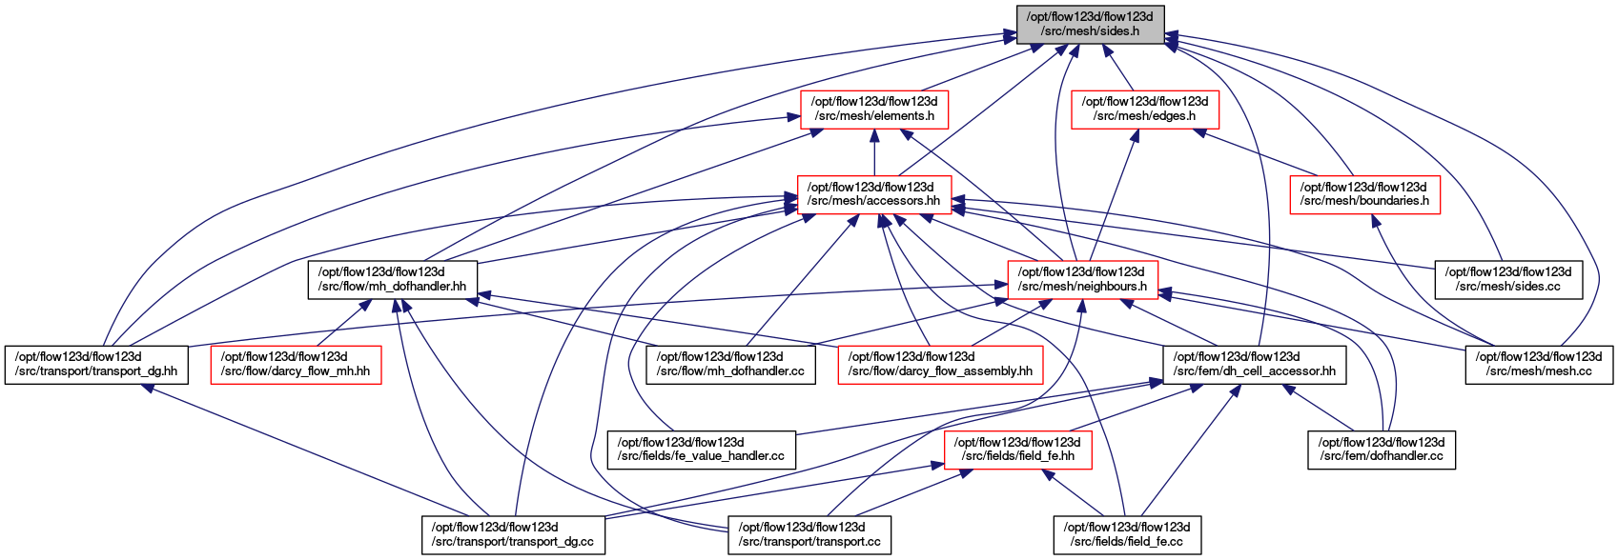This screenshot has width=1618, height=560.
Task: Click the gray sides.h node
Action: [1090, 24]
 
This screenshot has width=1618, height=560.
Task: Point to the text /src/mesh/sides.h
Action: [1090, 31]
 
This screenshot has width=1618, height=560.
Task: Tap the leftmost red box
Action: [296, 365]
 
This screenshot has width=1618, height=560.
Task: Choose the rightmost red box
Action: [1364, 195]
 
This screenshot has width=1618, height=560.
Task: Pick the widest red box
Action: [940, 365]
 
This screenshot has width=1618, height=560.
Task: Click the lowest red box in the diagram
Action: [1017, 450]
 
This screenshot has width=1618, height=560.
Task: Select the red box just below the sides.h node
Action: [1145, 110]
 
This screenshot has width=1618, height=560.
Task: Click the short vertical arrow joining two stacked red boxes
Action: [874, 154]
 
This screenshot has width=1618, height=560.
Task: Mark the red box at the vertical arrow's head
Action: [874, 110]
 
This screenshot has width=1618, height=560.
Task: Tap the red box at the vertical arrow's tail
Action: [874, 195]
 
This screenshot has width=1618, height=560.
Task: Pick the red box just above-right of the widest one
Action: [1082, 280]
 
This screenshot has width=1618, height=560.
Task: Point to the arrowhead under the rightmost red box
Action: [1374, 221]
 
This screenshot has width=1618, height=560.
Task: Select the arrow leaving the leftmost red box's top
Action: [343, 323]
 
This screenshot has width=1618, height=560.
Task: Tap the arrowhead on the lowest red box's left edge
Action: [937, 466]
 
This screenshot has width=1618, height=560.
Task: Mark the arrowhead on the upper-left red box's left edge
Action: [793, 117]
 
